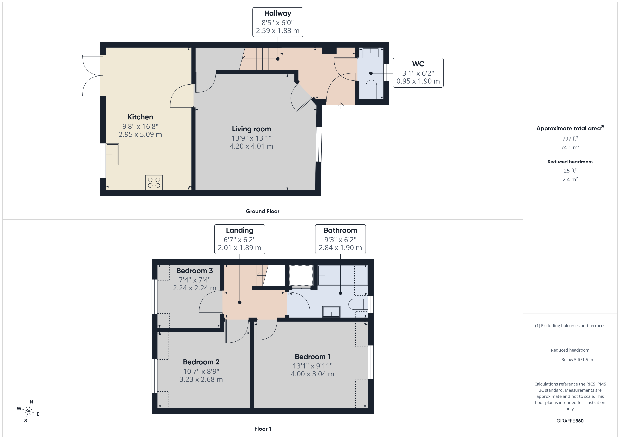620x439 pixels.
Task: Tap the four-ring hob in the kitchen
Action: [154, 182]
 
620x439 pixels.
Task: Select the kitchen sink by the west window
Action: [112, 154]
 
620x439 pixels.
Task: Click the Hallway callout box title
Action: [278, 13]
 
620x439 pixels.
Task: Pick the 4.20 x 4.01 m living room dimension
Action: [251, 146]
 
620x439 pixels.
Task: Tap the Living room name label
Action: [251, 129]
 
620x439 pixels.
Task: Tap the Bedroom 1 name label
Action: [312, 357]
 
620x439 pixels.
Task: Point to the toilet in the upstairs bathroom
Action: [358, 304]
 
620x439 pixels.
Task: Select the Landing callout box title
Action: [240, 230]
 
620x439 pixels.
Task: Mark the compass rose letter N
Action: [31, 402]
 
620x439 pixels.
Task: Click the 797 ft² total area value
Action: [570, 138]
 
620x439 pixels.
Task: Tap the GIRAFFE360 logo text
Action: [570, 421]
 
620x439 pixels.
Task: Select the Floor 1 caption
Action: [263, 429]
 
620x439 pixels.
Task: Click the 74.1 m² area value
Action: [570, 147]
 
